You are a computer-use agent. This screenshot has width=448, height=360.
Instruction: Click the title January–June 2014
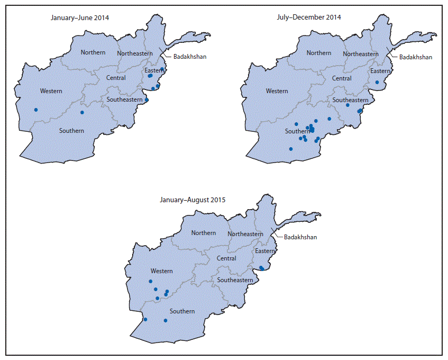(80, 17)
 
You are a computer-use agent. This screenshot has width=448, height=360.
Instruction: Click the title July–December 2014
(309, 17)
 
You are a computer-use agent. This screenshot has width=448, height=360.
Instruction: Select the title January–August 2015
(193, 200)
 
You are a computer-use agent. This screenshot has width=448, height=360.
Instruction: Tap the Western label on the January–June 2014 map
(50, 91)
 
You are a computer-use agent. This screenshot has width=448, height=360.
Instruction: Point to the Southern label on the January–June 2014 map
(71, 131)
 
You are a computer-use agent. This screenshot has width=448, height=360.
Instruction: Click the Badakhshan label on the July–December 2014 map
(415, 57)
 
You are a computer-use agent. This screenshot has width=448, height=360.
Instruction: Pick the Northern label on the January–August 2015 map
(204, 233)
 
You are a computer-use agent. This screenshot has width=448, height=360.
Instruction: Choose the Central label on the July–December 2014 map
(342, 78)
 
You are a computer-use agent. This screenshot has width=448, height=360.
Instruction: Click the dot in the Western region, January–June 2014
(36, 110)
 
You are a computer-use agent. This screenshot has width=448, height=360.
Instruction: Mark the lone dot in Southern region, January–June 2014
(82, 112)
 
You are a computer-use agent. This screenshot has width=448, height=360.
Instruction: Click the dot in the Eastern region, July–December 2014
(377, 82)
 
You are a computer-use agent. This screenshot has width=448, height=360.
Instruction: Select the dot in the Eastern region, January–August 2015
(262, 268)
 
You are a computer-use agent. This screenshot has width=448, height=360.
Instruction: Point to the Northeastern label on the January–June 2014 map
(135, 53)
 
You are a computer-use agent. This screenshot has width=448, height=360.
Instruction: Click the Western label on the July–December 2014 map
(277, 91)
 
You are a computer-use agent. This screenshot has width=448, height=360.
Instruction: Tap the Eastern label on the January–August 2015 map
(265, 251)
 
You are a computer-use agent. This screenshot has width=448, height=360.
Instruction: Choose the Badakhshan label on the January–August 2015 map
(300, 237)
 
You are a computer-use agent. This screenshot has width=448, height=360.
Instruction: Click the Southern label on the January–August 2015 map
(182, 311)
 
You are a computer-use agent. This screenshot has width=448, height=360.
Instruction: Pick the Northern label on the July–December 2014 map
(319, 53)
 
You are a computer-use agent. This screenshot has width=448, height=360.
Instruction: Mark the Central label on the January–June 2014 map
(116, 78)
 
